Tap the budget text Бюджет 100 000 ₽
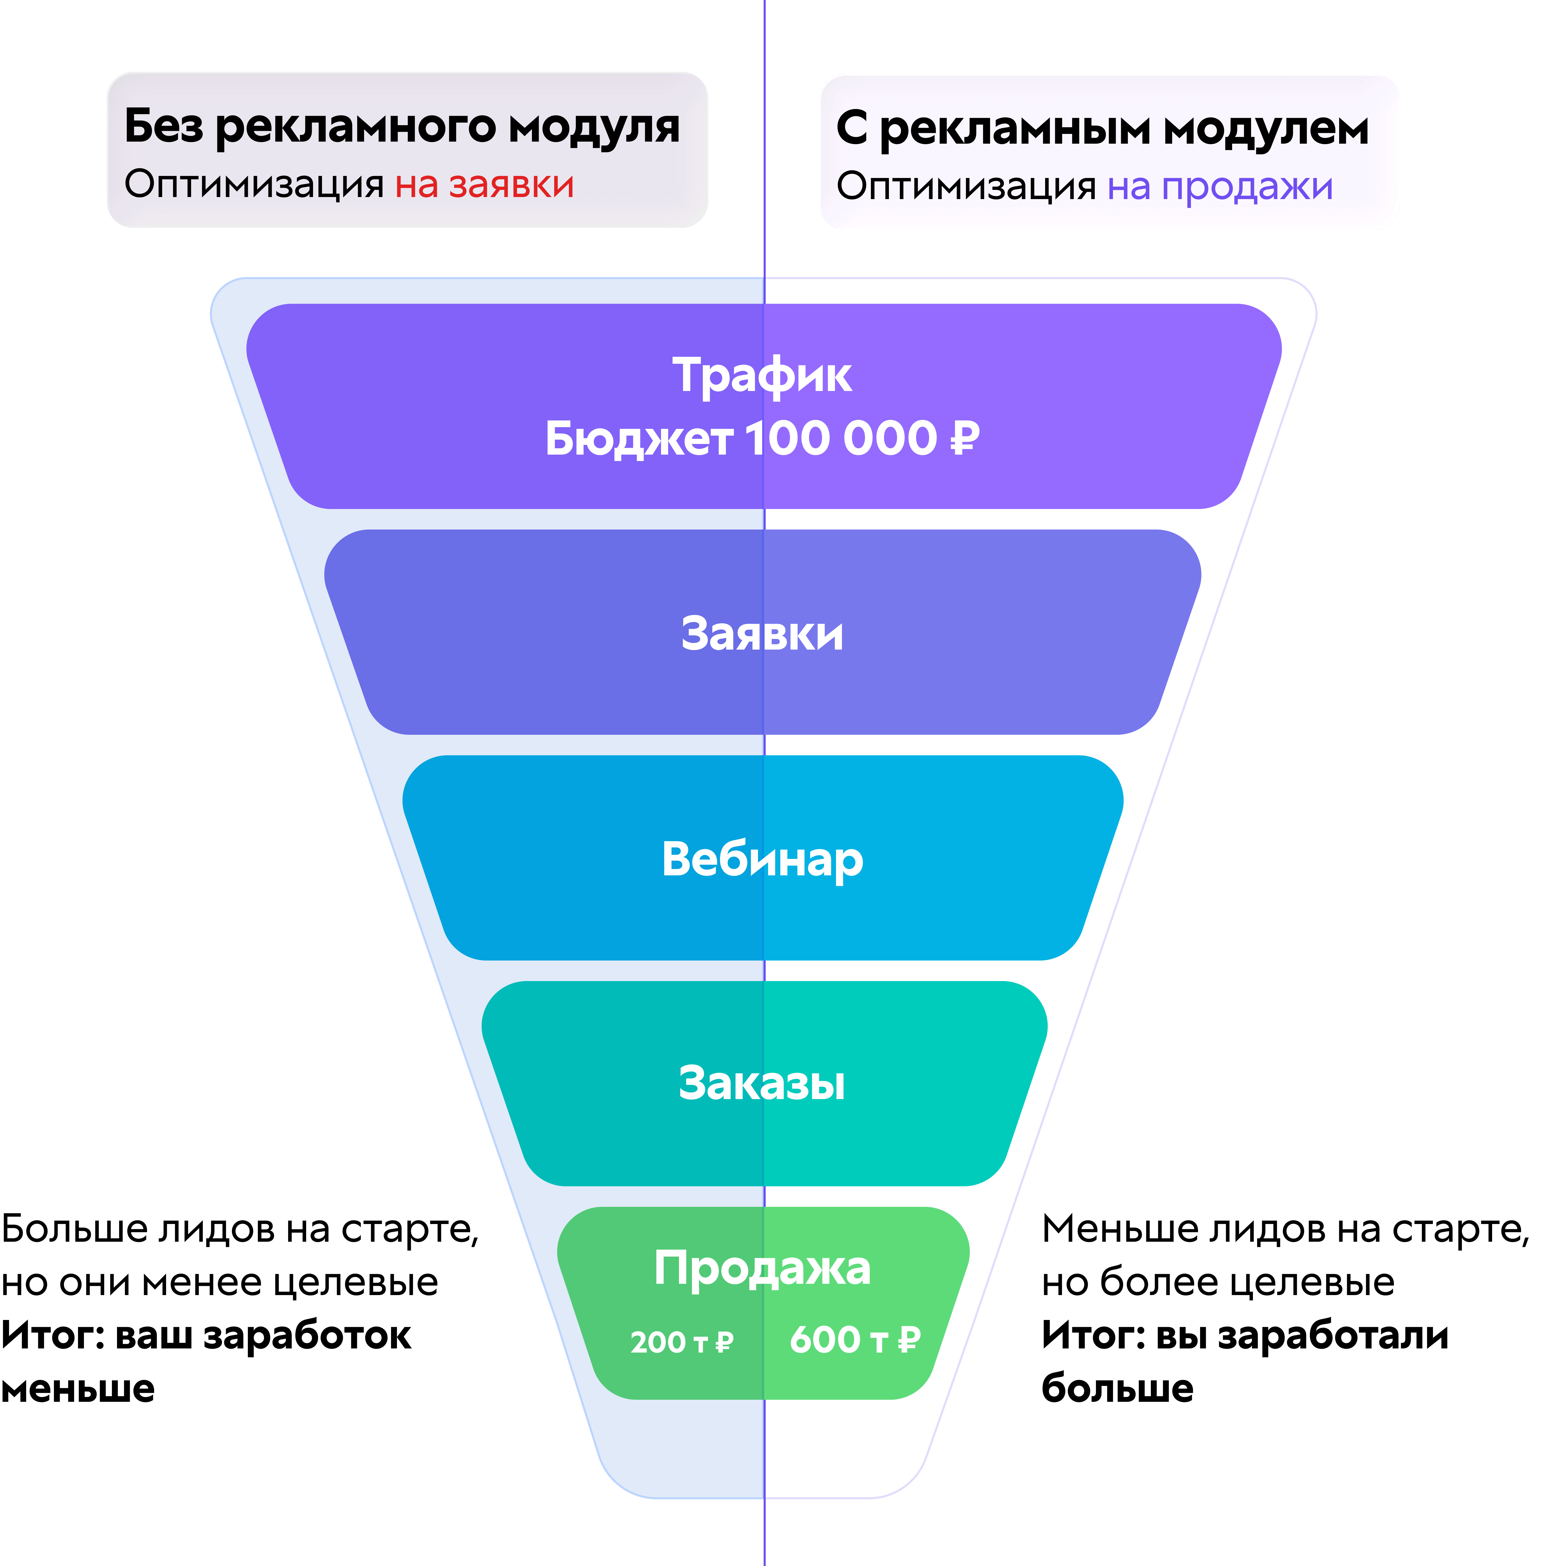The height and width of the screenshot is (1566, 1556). click(x=762, y=438)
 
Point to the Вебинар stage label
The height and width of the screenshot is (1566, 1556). click(x=762, y=860)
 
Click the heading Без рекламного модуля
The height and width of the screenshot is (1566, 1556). click(x=402, y=127)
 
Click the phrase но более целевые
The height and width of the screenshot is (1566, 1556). click(x=1218, y=1282)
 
